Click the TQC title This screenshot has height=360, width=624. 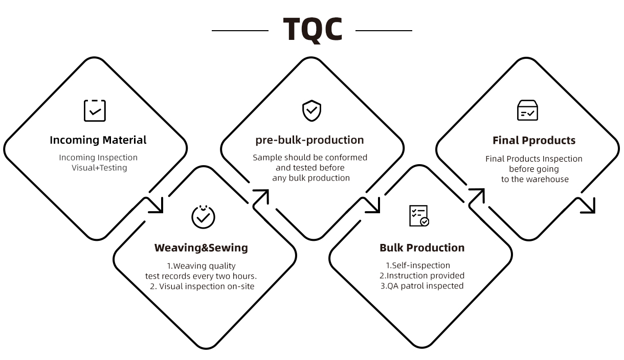pos(313,30)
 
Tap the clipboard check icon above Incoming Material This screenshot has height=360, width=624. pos(95,110)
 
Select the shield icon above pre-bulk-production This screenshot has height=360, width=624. pos(311,110)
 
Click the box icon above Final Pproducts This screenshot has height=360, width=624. pos(527,110)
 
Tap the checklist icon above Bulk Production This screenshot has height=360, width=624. pos(419,216)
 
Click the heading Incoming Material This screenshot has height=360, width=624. pos(98,140)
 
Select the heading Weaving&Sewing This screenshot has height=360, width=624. pos(201,248)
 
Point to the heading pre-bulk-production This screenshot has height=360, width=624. pos(309,140)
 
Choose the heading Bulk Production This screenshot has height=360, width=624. pos(422,248)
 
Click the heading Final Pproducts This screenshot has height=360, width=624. pos(534,141)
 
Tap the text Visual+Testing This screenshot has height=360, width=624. pos(99,168)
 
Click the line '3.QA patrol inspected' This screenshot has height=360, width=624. pos(422,286)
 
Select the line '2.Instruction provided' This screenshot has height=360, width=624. pos(422,276)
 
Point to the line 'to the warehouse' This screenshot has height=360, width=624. pos(535,179)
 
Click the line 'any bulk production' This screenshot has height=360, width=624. pos(311,178)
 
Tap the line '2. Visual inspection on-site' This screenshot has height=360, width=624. pos(202,286)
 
